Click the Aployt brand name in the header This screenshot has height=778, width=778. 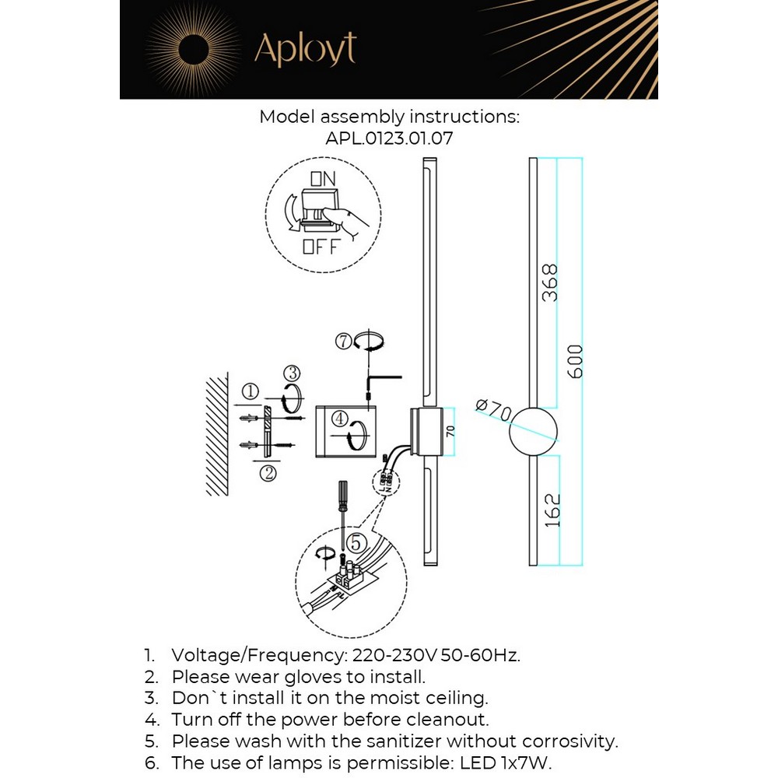pos(305,50)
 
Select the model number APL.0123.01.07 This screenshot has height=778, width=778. pos(389,139)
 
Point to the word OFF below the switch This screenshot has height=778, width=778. pos(321,248)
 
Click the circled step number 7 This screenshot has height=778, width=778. pos(344,341)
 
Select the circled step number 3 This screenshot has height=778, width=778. pos(291,373)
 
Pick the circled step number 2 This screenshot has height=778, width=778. pos(267,472)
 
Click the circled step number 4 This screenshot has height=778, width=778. pos(338,419)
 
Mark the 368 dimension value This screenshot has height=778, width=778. pos(550,283)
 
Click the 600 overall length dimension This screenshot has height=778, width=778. pos(575,361)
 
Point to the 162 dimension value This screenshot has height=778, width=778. pos(552,510)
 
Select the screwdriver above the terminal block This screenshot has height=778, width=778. pos(340,506)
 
